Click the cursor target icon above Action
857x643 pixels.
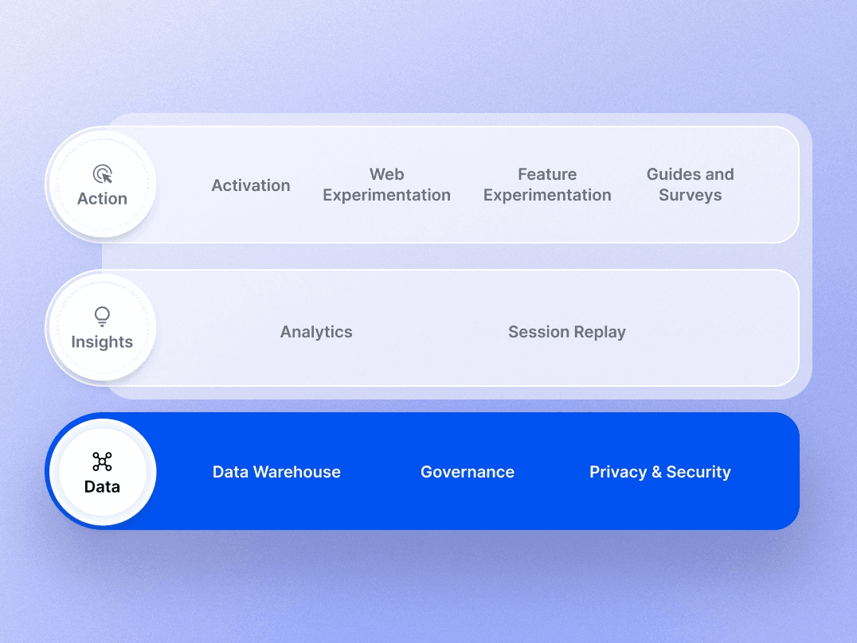point(102,173)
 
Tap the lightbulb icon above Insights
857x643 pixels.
point(102,317)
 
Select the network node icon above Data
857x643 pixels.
point(102,461)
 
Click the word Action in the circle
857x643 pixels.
point(102,199)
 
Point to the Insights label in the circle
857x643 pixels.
point(102,342)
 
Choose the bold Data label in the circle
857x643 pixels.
point(102,486)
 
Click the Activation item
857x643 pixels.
point(251,185)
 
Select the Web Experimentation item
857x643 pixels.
point(386,185)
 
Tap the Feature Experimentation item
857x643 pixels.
point(547,185)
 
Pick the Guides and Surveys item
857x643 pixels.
point(690,185)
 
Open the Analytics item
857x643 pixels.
point(316,332)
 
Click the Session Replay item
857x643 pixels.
point(566,332)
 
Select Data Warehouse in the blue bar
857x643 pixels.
point(276,472)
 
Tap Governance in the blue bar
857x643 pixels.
point(468,472)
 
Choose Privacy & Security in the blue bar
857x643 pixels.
point(659,472)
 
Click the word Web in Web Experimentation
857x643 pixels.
point(386,174)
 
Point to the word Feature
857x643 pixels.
point(547,174)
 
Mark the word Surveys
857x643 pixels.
point(690,196)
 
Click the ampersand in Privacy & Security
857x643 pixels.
point(656,473)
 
